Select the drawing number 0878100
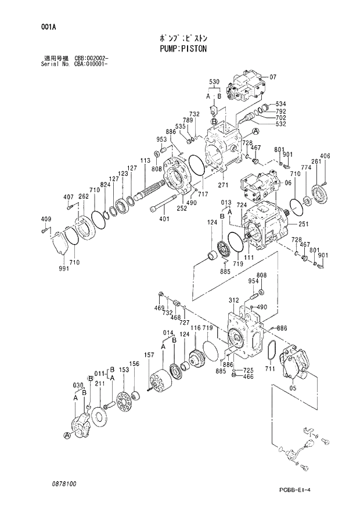62,483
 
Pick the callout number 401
164,218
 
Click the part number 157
149,355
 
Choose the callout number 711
269,368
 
